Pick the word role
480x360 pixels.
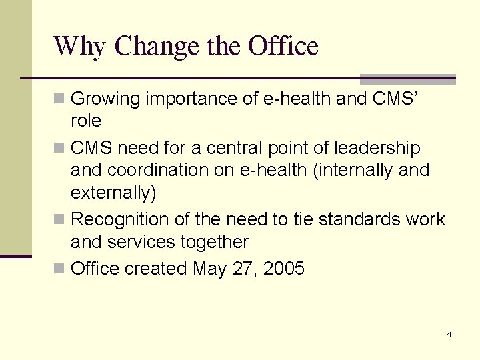[85, 121]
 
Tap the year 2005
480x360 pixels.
[284, 269]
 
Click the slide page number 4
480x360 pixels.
[449, 334]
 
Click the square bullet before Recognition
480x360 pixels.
[60, 219]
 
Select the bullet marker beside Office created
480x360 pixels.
[60, 269]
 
